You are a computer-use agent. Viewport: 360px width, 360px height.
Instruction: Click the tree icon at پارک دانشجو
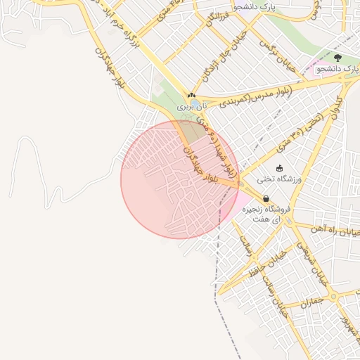click(x=338, y=58)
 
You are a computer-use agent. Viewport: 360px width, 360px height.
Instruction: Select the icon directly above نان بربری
click(x=191, y=94)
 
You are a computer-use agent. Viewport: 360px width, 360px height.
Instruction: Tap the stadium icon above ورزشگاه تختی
click(x=280, y=168)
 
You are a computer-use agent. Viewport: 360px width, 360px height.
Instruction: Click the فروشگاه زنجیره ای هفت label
click(x=266, y=214)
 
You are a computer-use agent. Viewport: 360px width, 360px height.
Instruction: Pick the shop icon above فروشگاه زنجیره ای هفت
click(x=265, y=199)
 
